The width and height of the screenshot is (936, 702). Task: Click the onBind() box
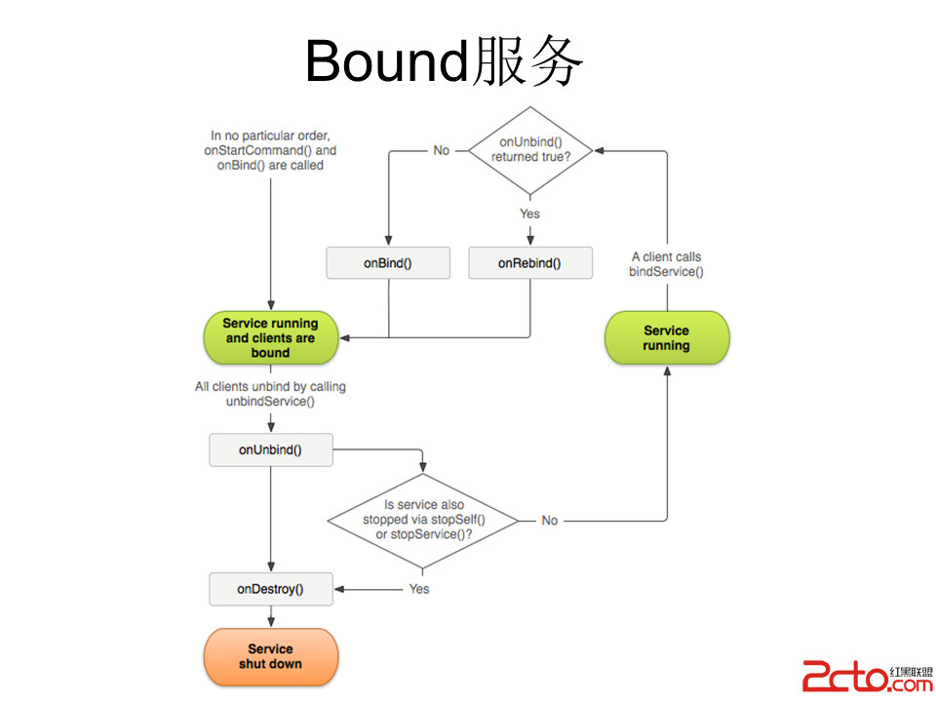pyautogui.click(x=388, y=263)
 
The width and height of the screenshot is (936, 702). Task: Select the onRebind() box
pyautogui.click(x=529, y=263)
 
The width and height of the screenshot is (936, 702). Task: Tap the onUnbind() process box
pyautogui.click(x=270, y=449)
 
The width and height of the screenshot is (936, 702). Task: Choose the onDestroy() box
pyautogui.click(x=270, y=589)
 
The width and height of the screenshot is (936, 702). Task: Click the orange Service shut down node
pyautogui.click(x=270, y=656)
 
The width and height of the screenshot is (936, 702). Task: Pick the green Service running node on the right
pyautogui.click(x=666, y=337)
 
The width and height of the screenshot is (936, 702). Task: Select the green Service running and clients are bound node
pyautogui.click(x=270, y=337)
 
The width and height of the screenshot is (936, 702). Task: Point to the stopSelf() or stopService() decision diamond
pyautogui.click(x=422, y=521)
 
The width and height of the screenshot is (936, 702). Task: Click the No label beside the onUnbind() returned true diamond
pyautogui.click(x=442, y=150)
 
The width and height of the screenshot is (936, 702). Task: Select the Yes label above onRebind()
pyautogui.click(x=529, y=214)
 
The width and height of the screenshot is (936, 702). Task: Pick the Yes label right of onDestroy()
pyautogui.click(x=419, y=589)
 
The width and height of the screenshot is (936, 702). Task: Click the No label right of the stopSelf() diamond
pyautogui.click(x=550, y=521)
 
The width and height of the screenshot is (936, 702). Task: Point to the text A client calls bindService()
pyautogui.click(x=666, y=264)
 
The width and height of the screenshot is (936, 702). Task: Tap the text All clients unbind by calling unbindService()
pyautogui.click(x=270, y=394)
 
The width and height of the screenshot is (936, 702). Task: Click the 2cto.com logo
pyautogui.click(x=866, y=675)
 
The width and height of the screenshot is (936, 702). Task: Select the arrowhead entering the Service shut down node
pyautogui.click(x=270, y=622)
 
